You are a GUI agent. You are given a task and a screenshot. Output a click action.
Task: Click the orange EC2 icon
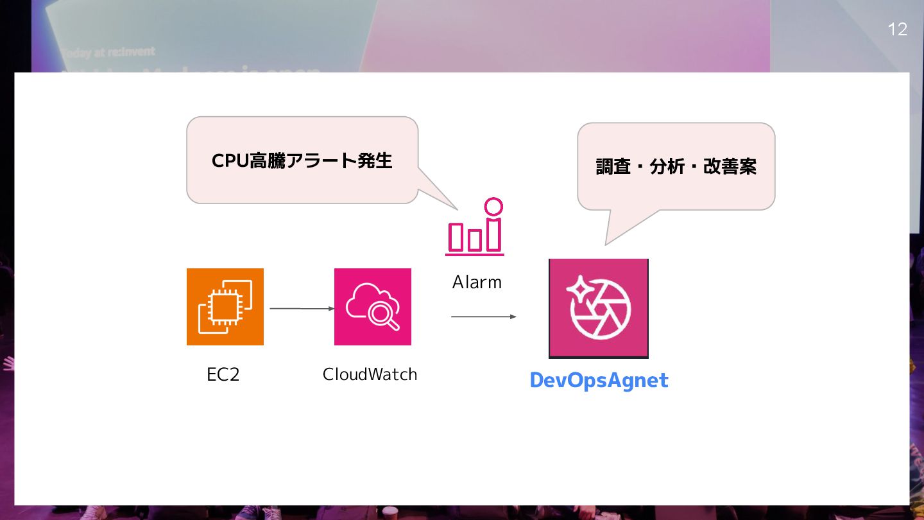(x=225, y=307)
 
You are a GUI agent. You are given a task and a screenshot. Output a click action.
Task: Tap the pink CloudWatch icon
(x=372, y=307)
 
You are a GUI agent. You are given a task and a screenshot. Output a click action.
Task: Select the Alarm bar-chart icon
(x=475, y=229)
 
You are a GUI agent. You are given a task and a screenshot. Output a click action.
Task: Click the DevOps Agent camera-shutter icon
(x=598, y=308)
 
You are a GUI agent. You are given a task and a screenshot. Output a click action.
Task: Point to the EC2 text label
(x=223, y=375)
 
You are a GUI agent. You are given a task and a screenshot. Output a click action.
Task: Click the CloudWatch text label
(x=370, y=374)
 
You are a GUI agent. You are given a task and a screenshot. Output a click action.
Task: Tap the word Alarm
(x=477, y=282)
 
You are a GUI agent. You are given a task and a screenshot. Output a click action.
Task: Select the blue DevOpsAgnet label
(x=599, y=380)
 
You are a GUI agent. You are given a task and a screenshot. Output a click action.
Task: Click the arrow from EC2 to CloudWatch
(x=302, y=309)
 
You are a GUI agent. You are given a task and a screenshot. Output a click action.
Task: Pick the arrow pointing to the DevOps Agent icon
(x=483, y=316)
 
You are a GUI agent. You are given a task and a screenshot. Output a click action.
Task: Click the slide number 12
(x=897, y=30)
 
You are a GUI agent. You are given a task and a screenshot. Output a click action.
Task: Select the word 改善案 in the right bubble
(x=730, y=167)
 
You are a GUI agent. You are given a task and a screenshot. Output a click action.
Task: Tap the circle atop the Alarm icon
(x=493, y=207)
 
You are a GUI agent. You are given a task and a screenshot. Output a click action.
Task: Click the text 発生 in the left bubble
(x=375, y=160)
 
